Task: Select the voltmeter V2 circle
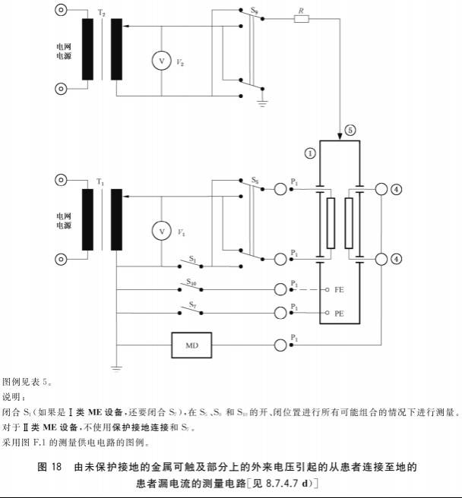[161, 59]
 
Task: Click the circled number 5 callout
[350, 129]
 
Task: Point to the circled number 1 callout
[309, 153]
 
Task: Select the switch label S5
[256, 181]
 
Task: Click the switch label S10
[193, 282]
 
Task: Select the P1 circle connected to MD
[281, 345]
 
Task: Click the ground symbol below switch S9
[263, 101]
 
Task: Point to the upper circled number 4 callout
[397, 190]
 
